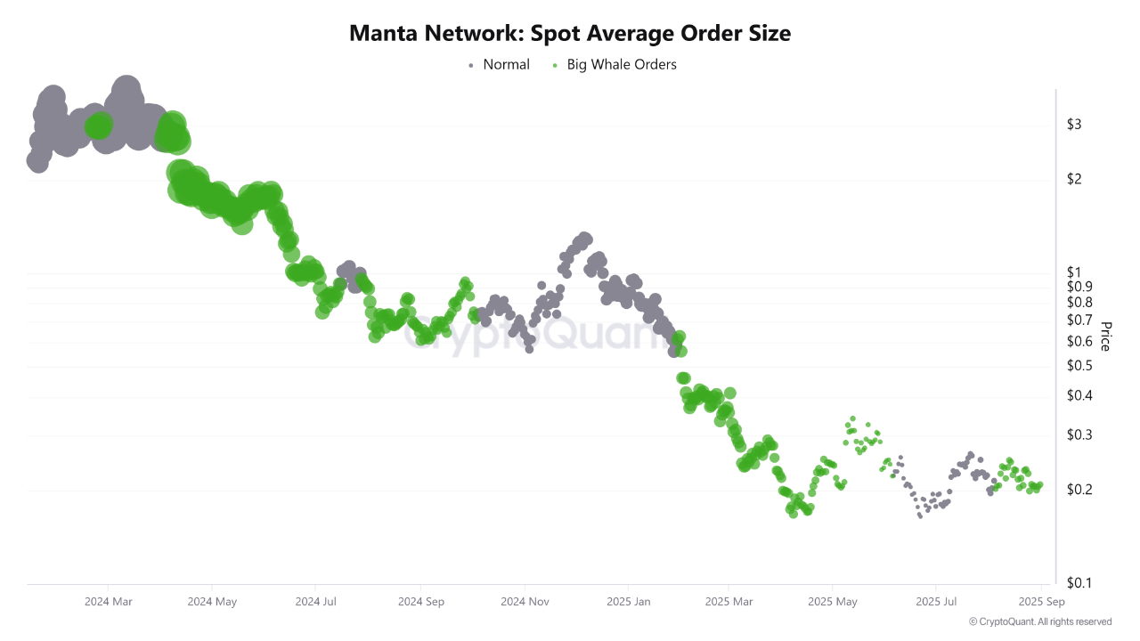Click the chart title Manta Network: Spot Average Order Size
point(570,34)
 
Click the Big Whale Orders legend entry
point(621,64)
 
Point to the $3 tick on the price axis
point(1073,125)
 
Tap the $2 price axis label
point(1073,179)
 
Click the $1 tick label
point(1073,272)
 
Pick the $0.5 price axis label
point(1079,366)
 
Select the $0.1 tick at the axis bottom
point(1079,583)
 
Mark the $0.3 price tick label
point(1079,434)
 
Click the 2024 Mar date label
point(109,602)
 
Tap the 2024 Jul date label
point(316,602)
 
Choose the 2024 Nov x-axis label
point(525,602)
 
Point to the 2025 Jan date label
point(628,602)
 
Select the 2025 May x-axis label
point(833,602)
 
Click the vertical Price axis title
point(1105,336)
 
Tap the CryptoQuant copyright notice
point(1039,621)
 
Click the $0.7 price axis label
point(1079,320)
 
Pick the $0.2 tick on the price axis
point(1079,490)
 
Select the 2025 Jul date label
point(937,602)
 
